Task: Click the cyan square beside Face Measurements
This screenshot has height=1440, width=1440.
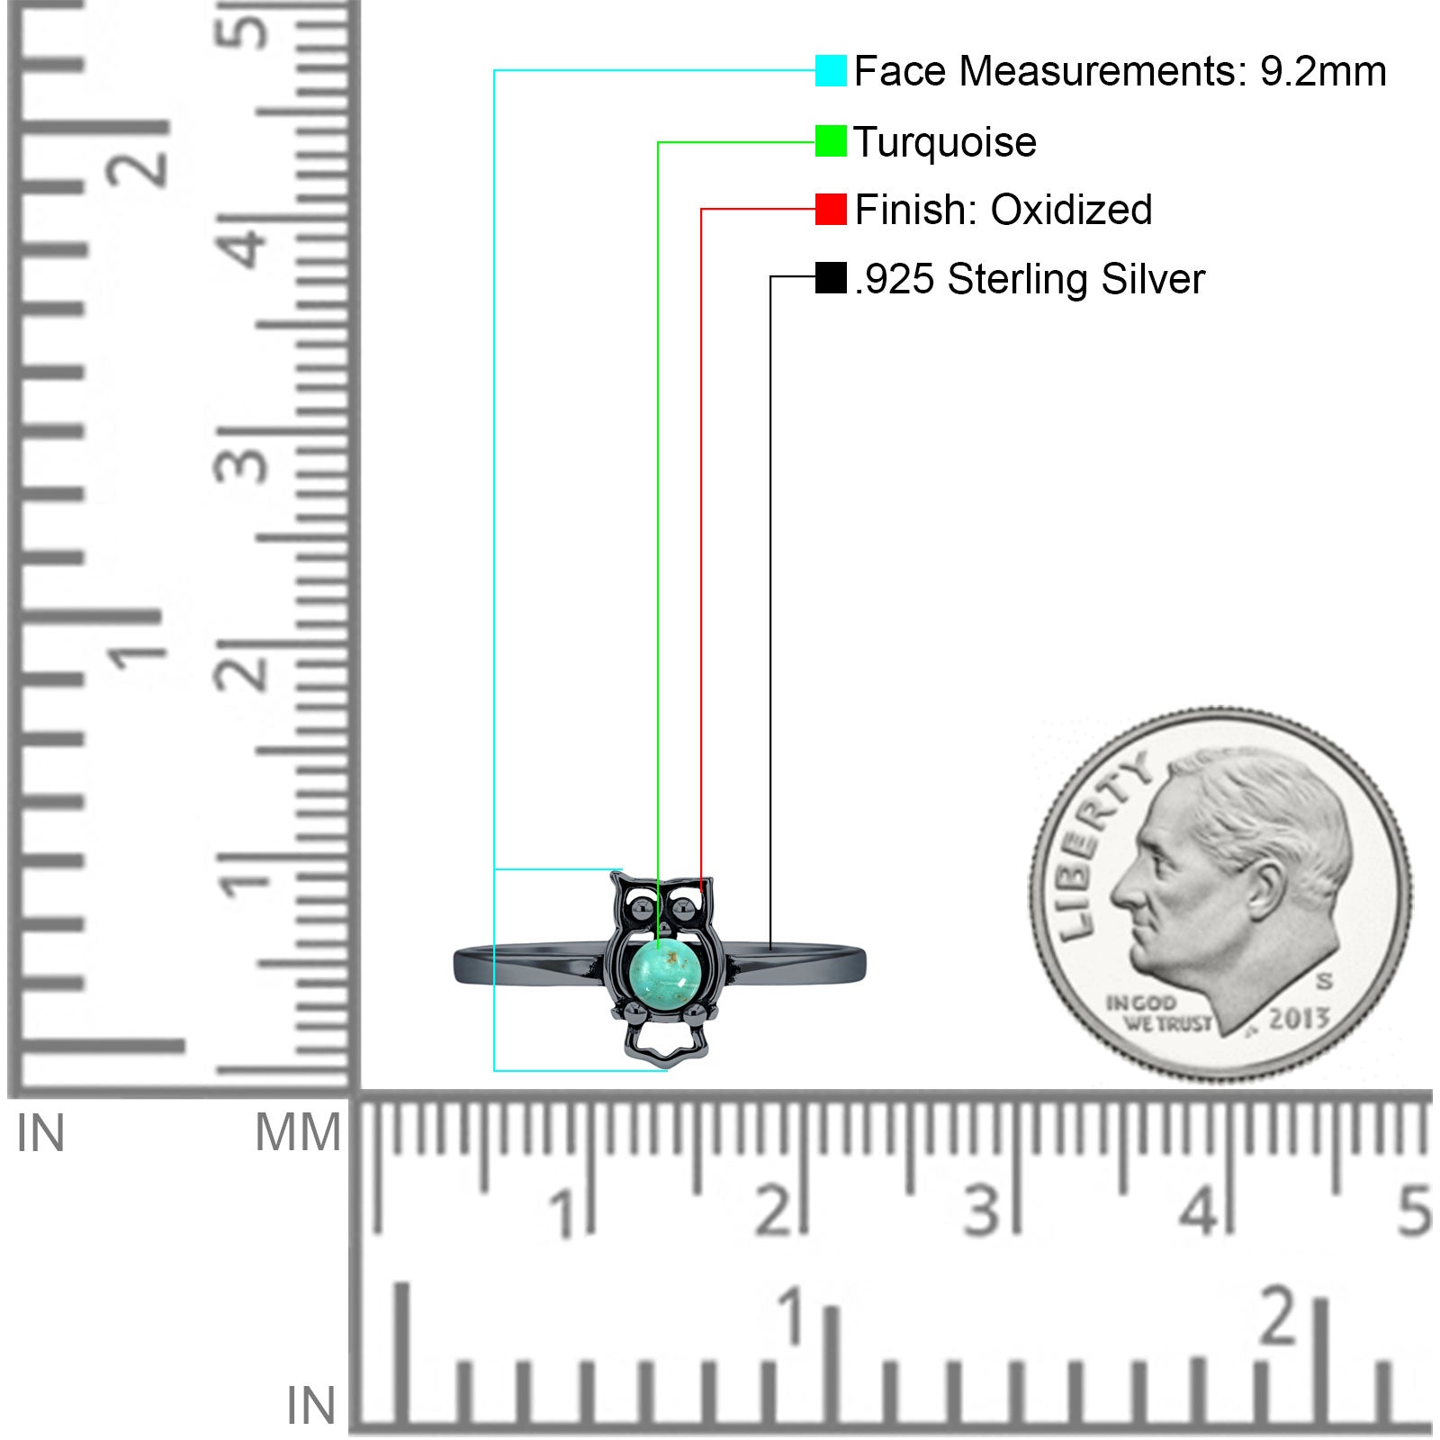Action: [831, 70]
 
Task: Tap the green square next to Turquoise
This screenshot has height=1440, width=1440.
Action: [831, 141]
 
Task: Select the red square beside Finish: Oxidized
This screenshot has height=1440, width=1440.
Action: [831, 209]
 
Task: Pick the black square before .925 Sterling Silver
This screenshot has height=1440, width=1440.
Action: [831, 278]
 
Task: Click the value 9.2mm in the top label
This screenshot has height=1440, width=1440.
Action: [1323, 72]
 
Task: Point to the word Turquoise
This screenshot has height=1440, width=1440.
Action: [945, 143]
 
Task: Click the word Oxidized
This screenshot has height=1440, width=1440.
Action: [1071, 210]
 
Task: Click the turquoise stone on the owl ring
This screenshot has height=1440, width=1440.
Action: [667, 968]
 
